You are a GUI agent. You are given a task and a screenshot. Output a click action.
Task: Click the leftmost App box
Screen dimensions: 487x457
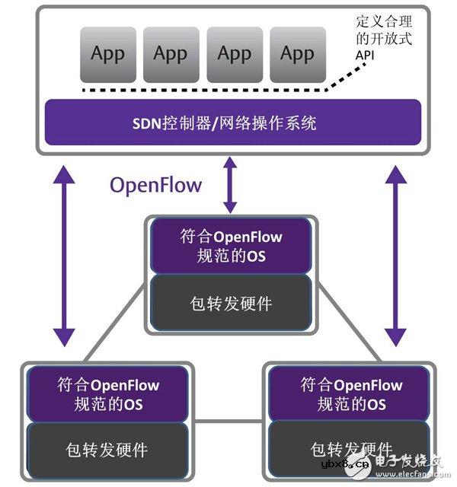point(107,55)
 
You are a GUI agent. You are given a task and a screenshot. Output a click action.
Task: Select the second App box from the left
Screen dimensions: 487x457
point(171,55)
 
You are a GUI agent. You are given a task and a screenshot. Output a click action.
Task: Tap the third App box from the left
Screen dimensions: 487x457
point(234,55)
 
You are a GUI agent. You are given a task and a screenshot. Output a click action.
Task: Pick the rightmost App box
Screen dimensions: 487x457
point(297,55)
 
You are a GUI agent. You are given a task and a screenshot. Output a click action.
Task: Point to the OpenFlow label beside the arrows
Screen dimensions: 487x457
point(156,184)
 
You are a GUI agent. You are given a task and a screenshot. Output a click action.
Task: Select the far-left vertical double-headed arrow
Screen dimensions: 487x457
point(65,255)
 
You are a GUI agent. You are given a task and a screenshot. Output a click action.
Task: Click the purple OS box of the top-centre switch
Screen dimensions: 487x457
point(231,246)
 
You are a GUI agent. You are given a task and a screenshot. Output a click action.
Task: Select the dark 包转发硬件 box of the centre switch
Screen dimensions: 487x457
point(231,304)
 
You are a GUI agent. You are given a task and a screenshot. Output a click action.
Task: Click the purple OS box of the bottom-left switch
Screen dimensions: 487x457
point(107,393)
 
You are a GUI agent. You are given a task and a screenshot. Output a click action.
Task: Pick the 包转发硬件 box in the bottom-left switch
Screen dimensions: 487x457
point(107,450)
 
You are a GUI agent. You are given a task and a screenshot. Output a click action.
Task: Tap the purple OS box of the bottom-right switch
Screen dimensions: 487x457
point(351,393)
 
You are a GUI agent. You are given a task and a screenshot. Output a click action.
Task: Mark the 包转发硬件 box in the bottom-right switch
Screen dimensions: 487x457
point(351,450)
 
